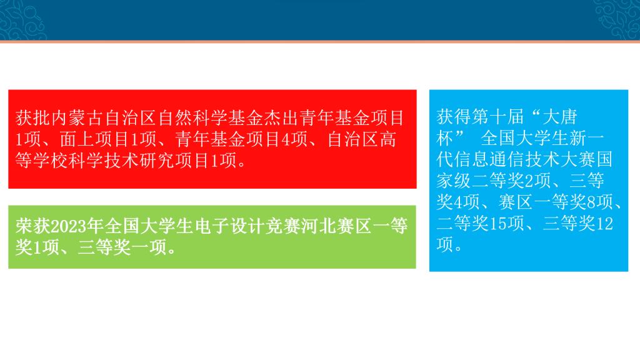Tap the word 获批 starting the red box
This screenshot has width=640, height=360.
33,118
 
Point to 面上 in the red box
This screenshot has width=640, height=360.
77,139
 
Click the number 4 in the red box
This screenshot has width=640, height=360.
286,139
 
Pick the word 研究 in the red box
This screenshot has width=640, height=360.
157,161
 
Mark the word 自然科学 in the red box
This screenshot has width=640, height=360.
192,118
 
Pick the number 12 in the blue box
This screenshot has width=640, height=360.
604,224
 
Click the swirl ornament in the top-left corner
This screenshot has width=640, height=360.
22,19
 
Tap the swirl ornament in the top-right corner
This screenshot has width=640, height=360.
617,19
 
